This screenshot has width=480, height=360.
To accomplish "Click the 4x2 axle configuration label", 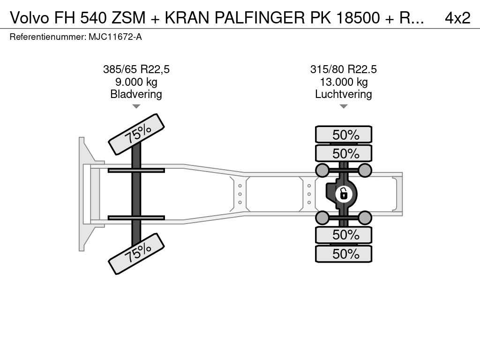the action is point(457,18).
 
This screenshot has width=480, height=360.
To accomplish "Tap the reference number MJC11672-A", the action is point(115,37).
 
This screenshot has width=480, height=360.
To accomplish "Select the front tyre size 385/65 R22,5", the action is point(136,69).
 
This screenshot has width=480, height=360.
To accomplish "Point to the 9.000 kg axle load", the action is point(136,82).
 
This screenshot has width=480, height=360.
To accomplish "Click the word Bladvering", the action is point(136,94).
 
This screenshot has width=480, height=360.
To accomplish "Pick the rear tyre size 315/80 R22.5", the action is point(344,69).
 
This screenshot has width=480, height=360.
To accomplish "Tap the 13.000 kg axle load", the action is point(344,82).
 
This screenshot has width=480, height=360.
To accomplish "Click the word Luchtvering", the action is point(344,94).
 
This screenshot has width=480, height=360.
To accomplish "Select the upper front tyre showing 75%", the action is point(136,134).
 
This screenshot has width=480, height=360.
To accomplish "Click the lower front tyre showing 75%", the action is point(136,254).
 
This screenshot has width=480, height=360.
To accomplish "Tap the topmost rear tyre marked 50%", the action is point(344,135).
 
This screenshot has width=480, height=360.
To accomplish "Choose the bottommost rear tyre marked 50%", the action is point(344,254).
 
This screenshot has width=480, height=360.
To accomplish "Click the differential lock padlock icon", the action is point(344,194).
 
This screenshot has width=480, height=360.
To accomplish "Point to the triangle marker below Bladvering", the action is point(136,106).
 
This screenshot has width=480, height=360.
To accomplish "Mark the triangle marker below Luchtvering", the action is point(344,106).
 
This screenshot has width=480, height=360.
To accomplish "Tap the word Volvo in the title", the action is point(30,18).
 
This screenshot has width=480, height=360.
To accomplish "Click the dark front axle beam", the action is point(136,194).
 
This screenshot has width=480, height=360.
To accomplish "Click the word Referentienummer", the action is point(48,37).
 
